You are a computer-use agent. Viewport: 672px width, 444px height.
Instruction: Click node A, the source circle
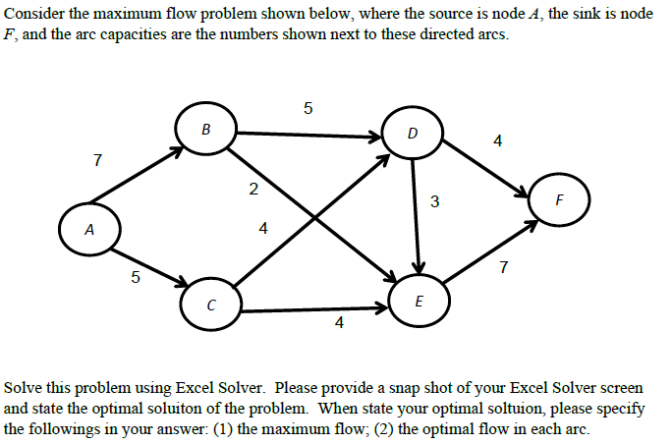coord(89,231)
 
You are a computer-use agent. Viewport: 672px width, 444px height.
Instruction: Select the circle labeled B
coord(204,129)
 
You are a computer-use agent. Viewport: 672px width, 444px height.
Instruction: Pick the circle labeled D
coord(411,133)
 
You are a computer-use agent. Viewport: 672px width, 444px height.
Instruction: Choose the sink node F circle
coord(558,202)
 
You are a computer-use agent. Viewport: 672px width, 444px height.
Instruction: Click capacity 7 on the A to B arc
coord(96,159)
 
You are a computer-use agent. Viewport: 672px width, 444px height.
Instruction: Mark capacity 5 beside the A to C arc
coord(136,278)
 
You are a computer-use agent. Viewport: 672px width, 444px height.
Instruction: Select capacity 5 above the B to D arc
coord(308,108)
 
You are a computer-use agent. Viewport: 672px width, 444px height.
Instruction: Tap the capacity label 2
coord(252,190)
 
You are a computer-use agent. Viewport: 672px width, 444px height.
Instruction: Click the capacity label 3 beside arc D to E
coord(434,202)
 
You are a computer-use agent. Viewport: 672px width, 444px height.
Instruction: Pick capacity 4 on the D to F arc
coord(497,140)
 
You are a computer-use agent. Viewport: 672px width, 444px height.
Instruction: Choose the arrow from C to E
coord(314,310)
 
